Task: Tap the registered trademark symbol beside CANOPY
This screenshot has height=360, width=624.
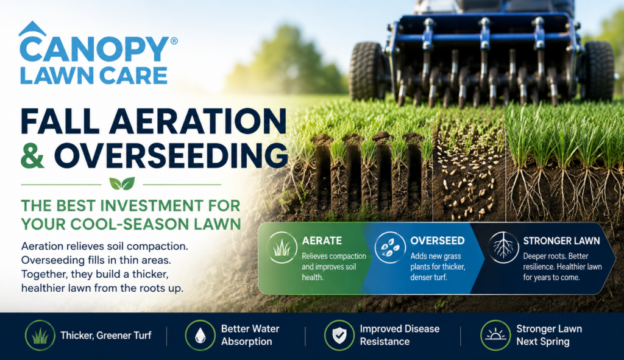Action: [174, 41]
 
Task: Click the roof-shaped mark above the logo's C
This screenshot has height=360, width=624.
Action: [32, 28]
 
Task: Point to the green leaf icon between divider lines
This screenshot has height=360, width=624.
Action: [122, 184]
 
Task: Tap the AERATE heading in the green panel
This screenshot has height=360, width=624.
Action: [322, 241]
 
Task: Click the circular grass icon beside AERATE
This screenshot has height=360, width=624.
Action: [282, 247]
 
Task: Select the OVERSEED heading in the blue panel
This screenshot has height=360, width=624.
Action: [438, 241]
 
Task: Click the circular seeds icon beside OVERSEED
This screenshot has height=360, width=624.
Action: [390, 247]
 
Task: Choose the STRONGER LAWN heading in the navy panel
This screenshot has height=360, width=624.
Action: [561, 241]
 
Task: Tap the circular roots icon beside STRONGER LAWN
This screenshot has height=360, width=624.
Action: [503, 247]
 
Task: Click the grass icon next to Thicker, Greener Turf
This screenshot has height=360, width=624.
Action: [40, 335]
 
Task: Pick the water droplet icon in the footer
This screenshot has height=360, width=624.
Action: [200, 335]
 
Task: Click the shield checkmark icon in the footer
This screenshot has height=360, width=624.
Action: [339, 335]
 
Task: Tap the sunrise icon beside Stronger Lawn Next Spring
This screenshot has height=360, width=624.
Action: [495, 335]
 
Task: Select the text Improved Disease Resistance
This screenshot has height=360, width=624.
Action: [400, 335]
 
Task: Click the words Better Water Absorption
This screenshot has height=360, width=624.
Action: [250, 335]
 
